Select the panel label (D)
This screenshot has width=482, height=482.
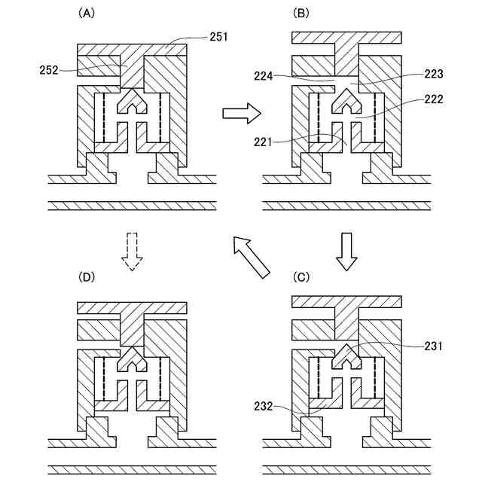(87, 277)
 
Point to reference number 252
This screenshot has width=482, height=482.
(50, 69)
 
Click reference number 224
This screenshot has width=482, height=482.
(284, 76)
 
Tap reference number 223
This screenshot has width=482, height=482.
(433, 74)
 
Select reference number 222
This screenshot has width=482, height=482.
(433, 98)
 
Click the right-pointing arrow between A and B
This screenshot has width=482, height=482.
(242, 114)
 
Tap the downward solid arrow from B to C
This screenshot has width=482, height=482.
(347, 251)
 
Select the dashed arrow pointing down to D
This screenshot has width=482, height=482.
(133, 251)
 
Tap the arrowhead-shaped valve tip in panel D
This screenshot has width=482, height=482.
(133, 359)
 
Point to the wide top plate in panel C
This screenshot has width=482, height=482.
(346, 302)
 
